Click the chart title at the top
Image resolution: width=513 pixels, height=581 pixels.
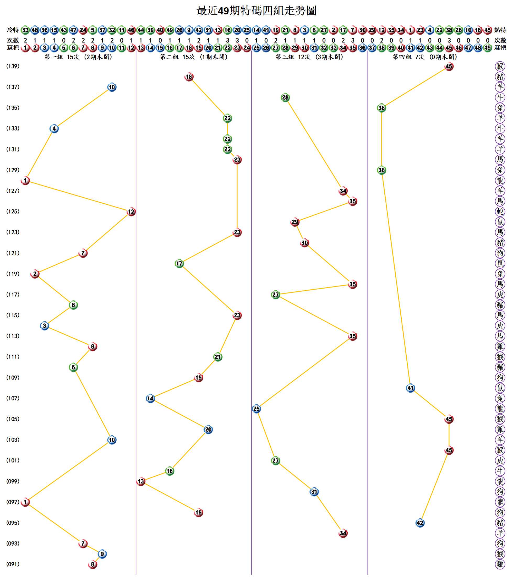click(256, 11)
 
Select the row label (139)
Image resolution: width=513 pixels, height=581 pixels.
click(13, 66)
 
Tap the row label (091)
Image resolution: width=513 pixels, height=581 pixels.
click(13, 564)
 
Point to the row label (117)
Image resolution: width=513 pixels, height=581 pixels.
click(13, 295)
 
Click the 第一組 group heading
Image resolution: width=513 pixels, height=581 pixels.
click(78, 57)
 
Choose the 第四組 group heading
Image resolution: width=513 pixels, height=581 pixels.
click(425, 57)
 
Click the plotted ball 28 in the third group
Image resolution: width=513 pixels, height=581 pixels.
click(285, 97)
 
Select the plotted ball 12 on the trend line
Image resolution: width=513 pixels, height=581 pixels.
click(131, 211)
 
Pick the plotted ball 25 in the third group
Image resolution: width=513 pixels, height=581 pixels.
click(256, 409)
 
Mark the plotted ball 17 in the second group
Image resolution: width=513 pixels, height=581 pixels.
click(179, 263)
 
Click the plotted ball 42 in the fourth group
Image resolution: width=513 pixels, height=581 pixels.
click(420, 523)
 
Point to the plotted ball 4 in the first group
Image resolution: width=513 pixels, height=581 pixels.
click(54, 128)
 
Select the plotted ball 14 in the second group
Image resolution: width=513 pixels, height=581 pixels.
click(150, 398)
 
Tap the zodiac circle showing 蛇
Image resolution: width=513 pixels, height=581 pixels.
click(500, 211)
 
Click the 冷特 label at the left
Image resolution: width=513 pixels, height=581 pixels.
click(13, 30)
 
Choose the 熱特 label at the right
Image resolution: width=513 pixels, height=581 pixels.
click(500, 30)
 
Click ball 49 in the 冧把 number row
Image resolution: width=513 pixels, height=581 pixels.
click(487, 48)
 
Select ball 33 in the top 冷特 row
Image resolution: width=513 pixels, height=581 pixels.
click(25, 30)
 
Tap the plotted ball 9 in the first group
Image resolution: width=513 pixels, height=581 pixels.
click(102, 554)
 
